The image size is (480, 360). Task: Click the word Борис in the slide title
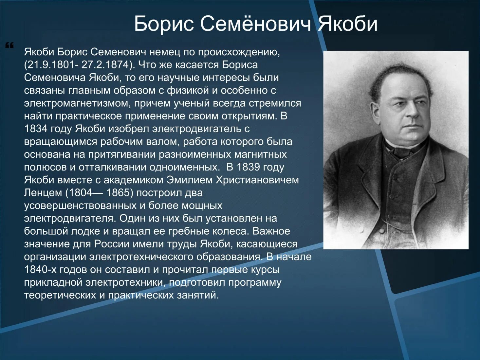coord(164,24)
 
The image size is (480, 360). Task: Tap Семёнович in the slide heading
coord(255,24)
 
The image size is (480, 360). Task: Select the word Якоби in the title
coord(347,24)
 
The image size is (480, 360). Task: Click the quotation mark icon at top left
coord(9,45)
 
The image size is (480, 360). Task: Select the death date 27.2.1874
coord(105,65)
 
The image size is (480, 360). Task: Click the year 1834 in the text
coord(36,129)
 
